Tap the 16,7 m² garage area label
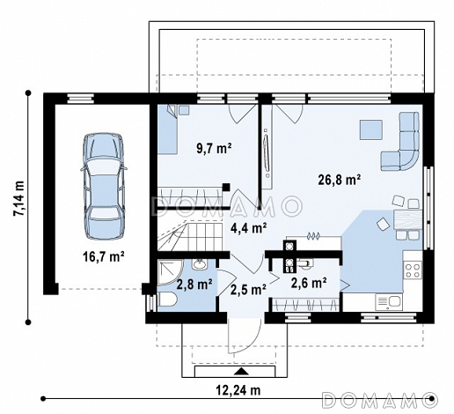[104, 257]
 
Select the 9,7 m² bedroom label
[214, 148]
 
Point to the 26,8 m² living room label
[340, 179]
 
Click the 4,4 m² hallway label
[249, 228]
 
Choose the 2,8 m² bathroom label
[194, 284]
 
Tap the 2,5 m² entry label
[248, 290]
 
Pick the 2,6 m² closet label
[309, 283]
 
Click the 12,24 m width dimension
[238, 390]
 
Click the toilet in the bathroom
[167, 300]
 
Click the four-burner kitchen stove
[413, 270]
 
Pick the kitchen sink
[389, 302]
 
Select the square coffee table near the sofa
[371, 129]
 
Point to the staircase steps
[191, 236]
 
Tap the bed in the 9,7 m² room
[167, 129]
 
